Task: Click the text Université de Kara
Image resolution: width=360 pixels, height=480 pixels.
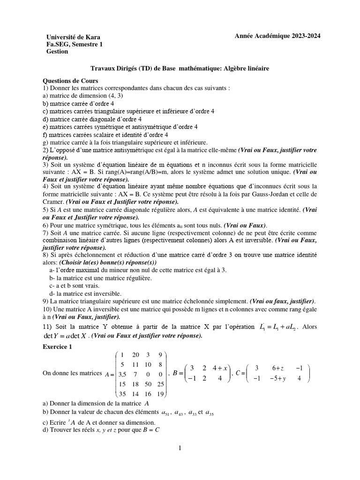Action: [x=73, y=37]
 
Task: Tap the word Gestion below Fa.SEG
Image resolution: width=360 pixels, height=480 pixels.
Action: [x=57, y=52]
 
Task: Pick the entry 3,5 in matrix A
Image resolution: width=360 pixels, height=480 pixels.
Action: [x=122, y=374]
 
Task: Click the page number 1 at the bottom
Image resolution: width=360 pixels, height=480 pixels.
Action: [x=180, y=448]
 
